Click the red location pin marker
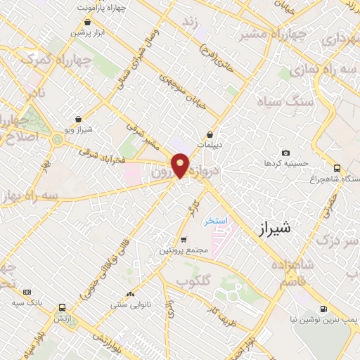pos(181,165)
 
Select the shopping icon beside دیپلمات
pos(210,134)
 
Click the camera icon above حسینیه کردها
pos(285,153)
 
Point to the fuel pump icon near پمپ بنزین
pos(323,308)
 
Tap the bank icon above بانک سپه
pos(27,292)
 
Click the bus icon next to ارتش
pos(63,308)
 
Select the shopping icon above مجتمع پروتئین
pos(184,240)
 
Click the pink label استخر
pos(216,221)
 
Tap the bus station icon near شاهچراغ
pos(337,168)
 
